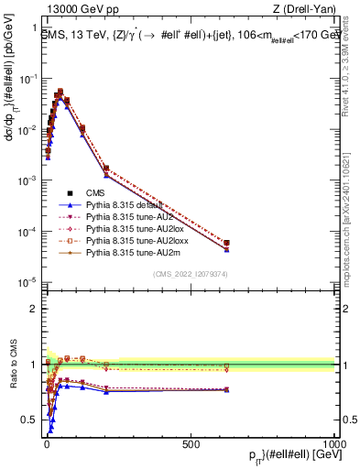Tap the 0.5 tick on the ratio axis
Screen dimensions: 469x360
point(33,420)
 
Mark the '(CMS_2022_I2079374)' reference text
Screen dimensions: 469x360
point(191,272)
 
